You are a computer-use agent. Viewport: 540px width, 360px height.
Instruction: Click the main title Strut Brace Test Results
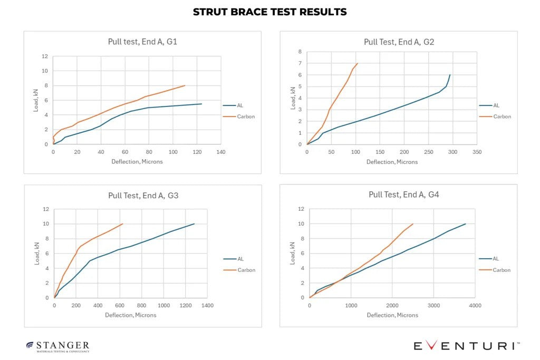pos(269,12)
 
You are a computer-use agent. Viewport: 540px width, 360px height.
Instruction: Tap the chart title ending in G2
pos(399,42)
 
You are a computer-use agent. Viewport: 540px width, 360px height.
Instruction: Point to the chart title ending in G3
pos(143,195)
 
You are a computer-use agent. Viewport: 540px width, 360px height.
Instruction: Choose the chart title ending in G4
pos(403,194)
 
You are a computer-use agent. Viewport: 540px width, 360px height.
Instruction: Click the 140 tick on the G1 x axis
pos(221,152)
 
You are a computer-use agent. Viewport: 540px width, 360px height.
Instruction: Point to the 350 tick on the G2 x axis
pos(477,152)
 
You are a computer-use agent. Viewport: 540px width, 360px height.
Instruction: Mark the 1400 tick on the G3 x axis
pos(207,305)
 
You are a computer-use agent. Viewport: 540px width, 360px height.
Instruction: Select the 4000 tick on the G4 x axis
pos(475,305)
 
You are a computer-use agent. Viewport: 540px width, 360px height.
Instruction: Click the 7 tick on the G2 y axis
pos(300,63)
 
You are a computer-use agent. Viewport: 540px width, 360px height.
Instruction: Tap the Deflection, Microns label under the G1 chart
pos(137,161)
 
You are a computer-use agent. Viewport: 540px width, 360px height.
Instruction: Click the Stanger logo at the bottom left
pos(58,346)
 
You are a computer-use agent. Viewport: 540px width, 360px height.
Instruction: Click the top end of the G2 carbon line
pos(358,63)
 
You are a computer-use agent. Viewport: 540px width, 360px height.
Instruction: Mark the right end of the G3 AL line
pos(195,223)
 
